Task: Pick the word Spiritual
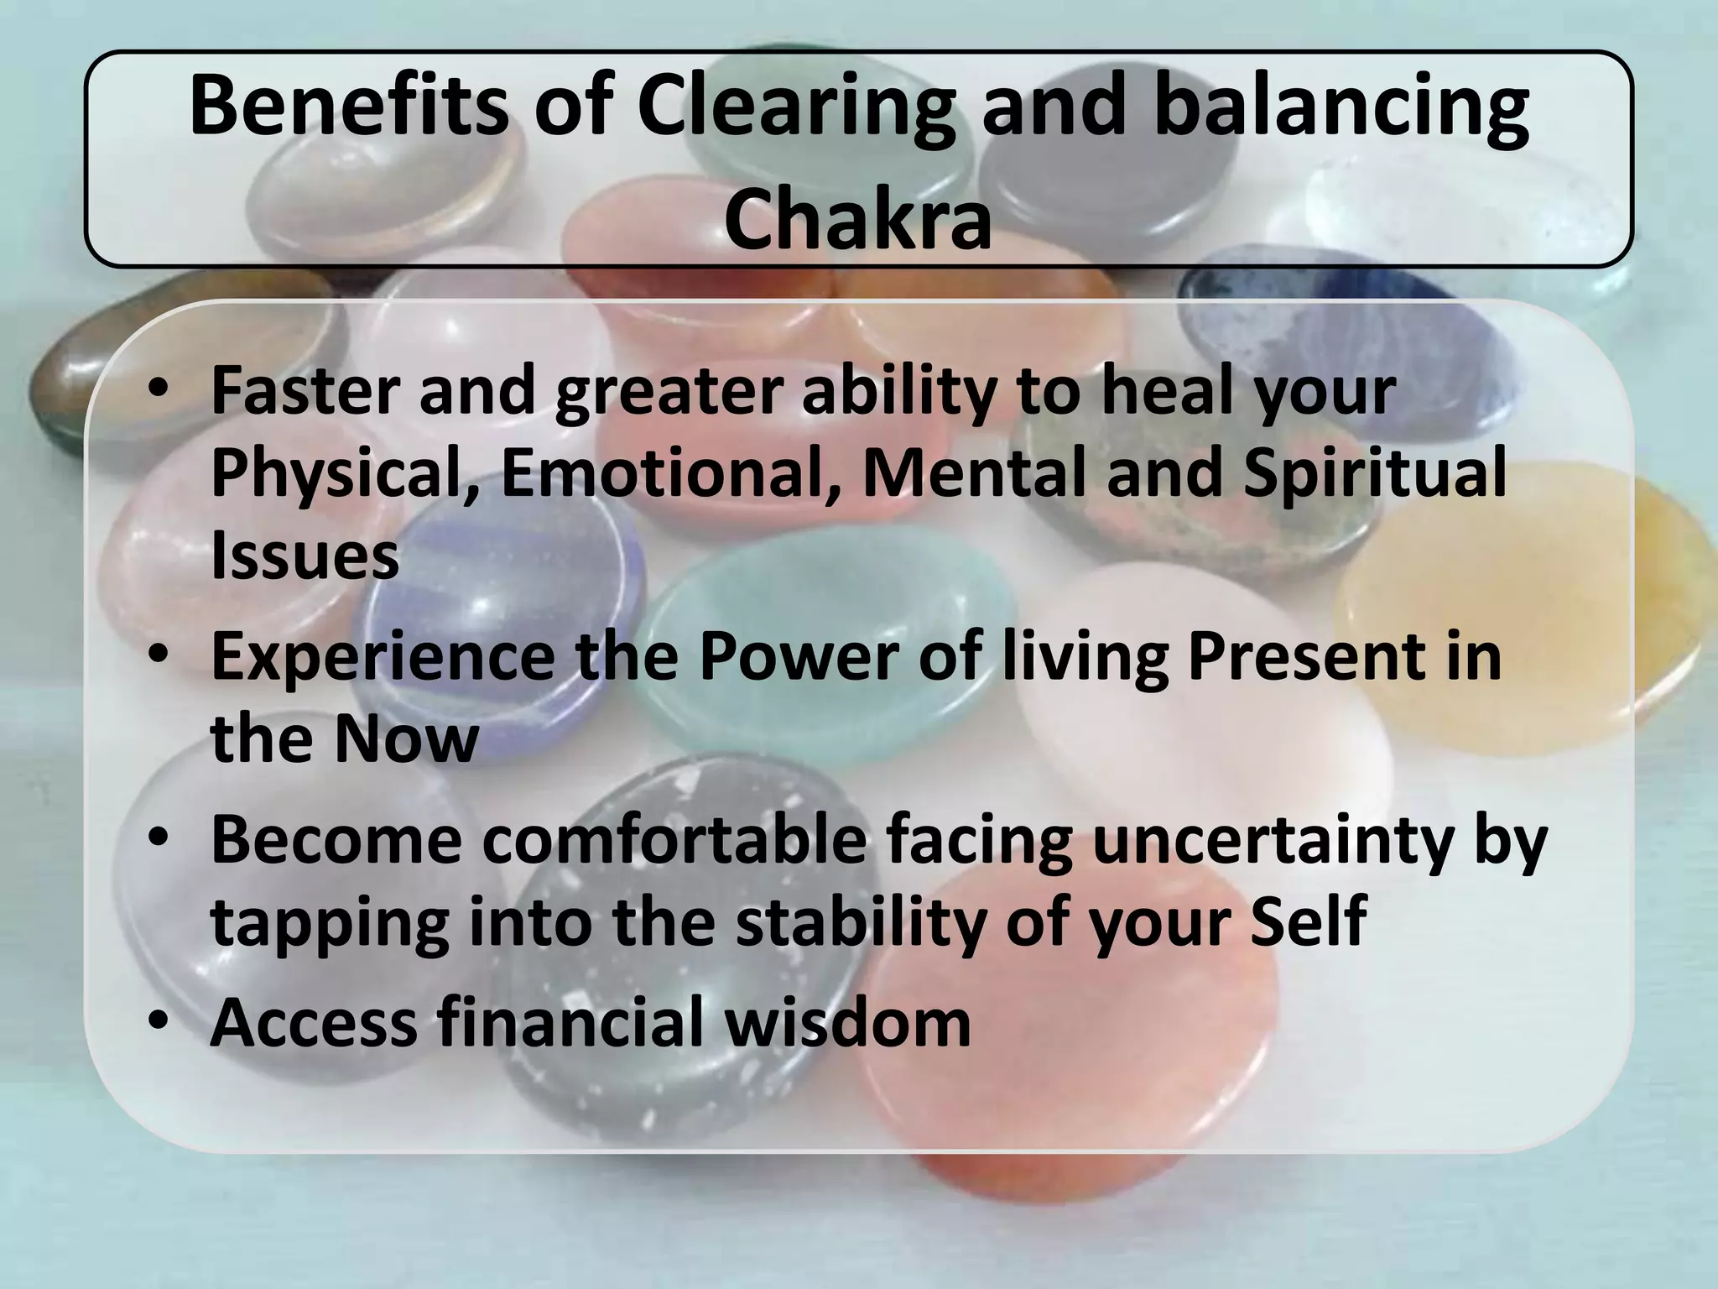tap(1376, 473)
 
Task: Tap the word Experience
tap(383, 656)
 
